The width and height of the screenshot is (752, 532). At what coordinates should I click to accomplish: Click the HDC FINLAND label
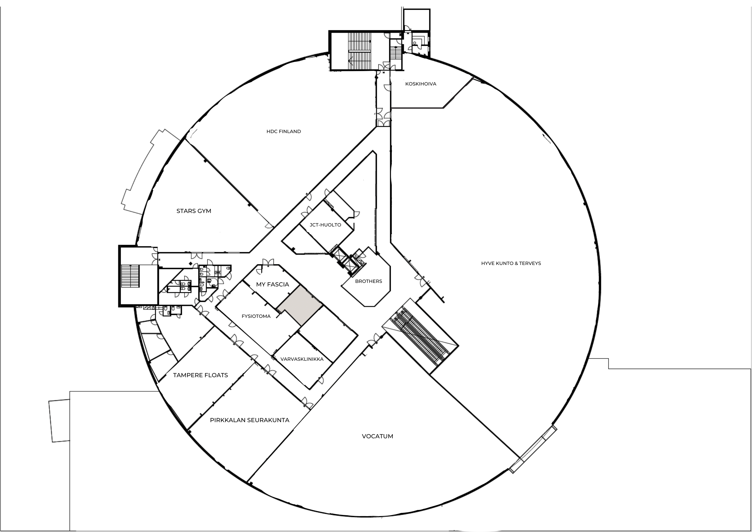(284, 131)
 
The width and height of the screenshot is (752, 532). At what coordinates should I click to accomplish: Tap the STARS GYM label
(194, 211)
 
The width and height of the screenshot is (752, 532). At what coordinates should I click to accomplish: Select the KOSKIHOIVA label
(421, 84)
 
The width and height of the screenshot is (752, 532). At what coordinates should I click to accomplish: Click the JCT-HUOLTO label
(325, 225)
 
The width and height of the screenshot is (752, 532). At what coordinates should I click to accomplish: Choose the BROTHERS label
(368, 281)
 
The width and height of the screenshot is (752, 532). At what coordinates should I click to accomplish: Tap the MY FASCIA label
(273, 284)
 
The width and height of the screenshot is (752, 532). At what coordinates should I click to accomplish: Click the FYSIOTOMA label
(256, 316)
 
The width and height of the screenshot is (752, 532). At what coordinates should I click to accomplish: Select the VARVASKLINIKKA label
(302, 359)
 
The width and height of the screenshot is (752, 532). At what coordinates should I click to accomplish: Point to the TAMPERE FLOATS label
(200, 375)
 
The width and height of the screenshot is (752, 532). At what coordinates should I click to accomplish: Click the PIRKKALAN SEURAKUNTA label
(250, 420)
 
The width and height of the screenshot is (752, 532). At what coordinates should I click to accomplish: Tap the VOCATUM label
(377, 436)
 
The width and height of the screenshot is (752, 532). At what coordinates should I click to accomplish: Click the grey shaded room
(300, 305)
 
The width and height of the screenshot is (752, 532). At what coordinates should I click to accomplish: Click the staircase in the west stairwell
(130, 276)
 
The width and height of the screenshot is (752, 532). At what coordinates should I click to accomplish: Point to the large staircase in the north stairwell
(360, 51)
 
